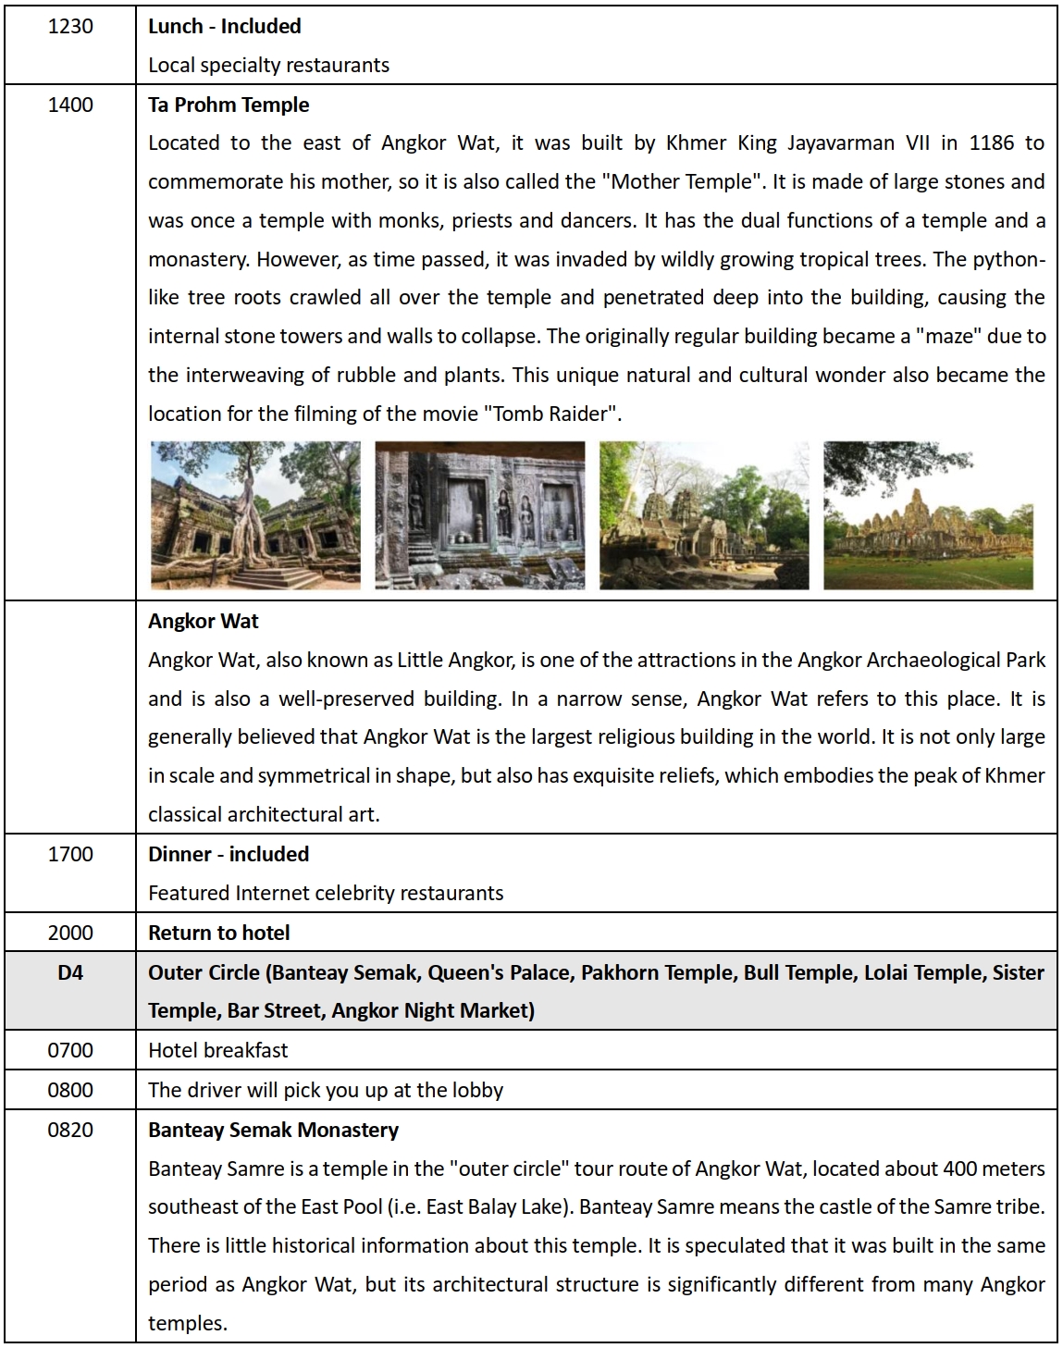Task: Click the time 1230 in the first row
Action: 70,26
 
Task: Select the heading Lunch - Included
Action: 225,26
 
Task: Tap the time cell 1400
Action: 70,105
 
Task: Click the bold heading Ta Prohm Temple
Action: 229,105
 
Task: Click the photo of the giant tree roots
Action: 255,515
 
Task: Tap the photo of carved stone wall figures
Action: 479,515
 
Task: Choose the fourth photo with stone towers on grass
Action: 928,515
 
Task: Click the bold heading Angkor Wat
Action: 204,621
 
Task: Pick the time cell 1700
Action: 70,854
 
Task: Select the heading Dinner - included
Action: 229,854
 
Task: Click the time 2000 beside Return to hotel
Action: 70,933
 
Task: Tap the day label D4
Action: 70,972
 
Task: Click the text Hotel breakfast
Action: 217,1050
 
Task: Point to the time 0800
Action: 70,1090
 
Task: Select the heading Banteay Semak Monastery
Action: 273,1130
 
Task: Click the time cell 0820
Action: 70,1130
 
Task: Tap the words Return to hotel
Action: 219,933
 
